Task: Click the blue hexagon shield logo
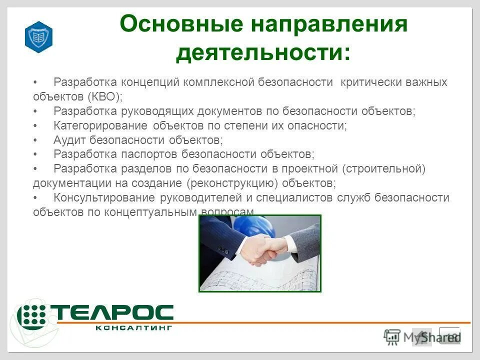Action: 38,37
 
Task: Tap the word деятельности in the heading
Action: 263,52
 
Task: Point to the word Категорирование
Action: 100,125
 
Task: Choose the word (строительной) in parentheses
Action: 383,168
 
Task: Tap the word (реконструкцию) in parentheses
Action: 232,183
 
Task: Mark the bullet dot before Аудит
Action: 35,139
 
